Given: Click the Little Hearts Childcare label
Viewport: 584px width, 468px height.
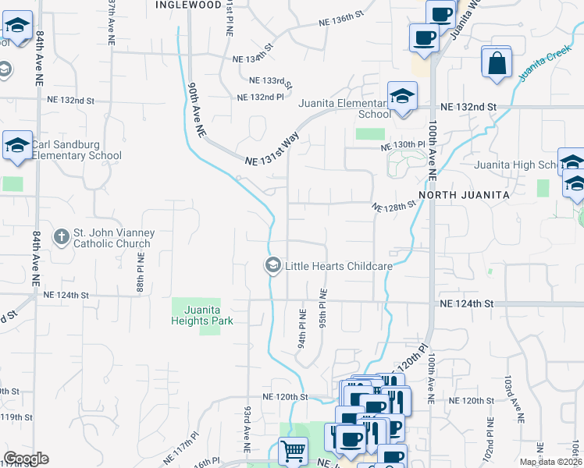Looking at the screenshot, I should tap(338, 266).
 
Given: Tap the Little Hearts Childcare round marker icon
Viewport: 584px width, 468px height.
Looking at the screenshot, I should tap(272, 266).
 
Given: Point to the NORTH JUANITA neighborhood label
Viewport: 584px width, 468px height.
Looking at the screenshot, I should tap(464, 194).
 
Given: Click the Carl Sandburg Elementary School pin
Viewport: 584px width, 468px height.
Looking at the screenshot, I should tap(17, 146).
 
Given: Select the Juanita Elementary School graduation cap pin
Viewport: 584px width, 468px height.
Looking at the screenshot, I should tap(402, 97).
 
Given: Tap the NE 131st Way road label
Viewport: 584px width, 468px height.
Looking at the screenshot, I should tap(272, 150).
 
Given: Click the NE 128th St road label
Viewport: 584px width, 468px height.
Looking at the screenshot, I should tap(394, 207).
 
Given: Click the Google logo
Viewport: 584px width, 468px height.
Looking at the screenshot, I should tap(26, 459).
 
